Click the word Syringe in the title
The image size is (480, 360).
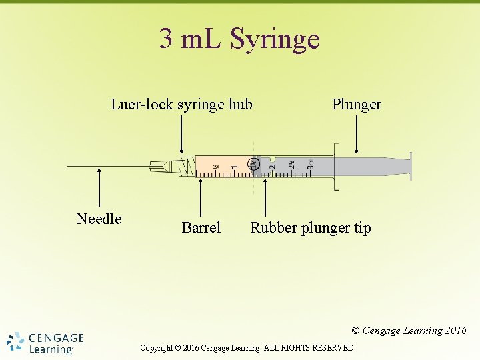coord(275,40)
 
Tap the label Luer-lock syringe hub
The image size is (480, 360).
coord(181,105)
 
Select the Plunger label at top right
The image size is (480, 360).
coord(357,105)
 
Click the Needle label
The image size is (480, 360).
coord(99,219)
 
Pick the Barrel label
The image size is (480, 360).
coord(201,228)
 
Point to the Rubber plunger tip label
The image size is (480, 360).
coord(310,228)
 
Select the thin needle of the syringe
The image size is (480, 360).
coord(107,165)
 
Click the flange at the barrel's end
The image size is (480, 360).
coord(336,166)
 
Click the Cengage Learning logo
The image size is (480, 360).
coord(45,342)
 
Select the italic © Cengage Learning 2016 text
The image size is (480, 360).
coord(409,331)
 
